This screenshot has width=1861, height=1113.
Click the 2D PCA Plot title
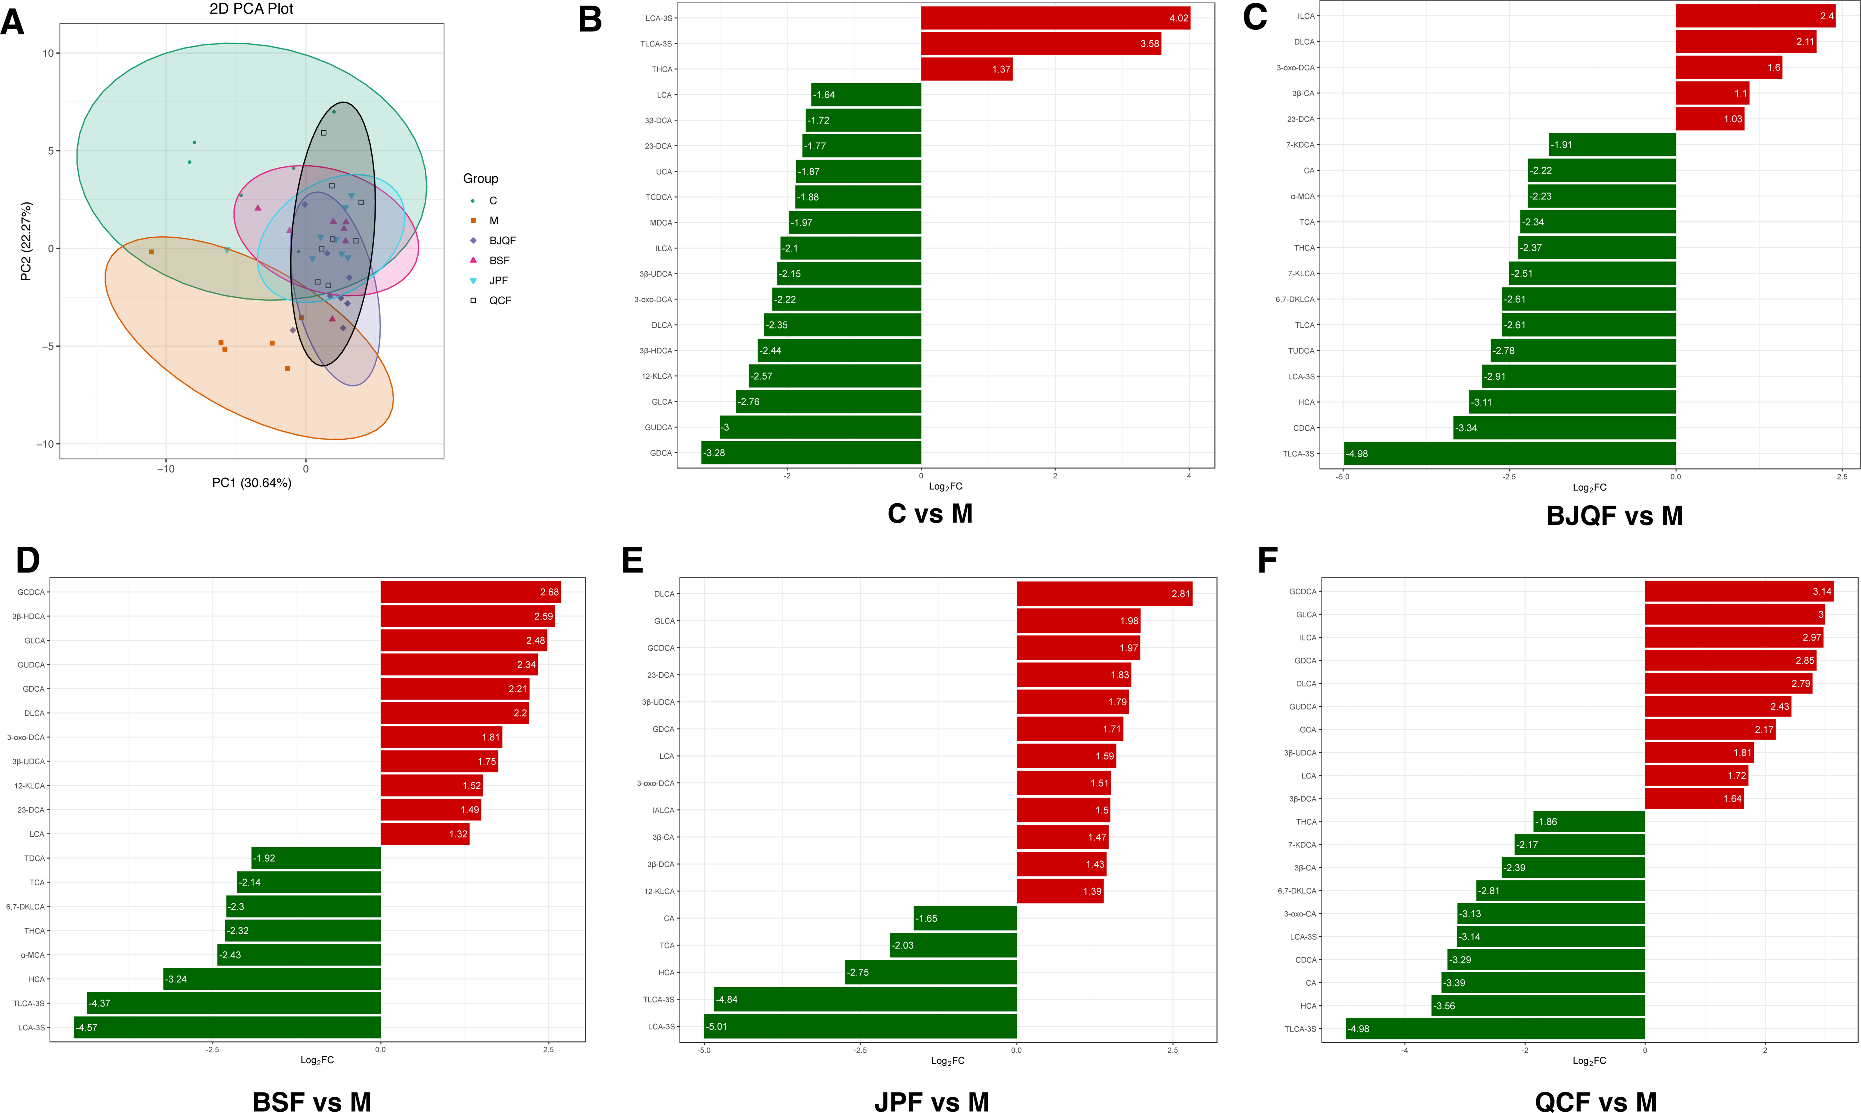(x=251, y=9)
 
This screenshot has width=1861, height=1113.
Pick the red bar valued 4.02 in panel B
(x=1055, y=18)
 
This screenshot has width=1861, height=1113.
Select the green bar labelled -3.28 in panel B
(x=811, y=453)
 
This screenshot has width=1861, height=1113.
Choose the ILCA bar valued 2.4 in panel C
(x=1755, y=16)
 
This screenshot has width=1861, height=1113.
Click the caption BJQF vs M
(x=1614, y=516)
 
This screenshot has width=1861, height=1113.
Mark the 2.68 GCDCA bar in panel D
(x=470, y=592)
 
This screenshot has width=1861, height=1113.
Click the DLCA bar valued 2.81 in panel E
(x=1104, y=594)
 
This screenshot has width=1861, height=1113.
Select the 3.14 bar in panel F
(x=1739, y=592)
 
